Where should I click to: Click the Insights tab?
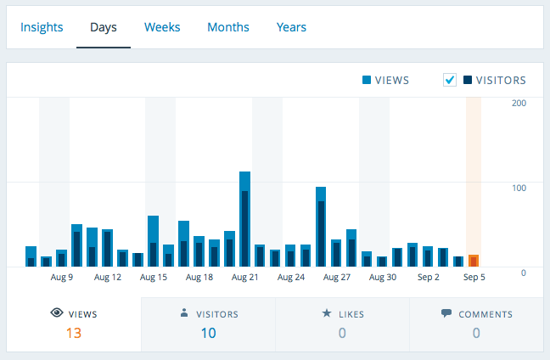[42, 27]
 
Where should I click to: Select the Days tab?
[104, 27]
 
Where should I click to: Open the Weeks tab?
[162, 27]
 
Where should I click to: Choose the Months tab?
[228, 27]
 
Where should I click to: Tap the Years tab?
[291, 27]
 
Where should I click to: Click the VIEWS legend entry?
[385, 81]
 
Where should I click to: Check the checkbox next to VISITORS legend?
[450, 81]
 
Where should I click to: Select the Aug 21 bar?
[244, 221]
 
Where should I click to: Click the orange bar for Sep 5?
[474, 261]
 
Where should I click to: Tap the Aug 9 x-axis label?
[62, 277]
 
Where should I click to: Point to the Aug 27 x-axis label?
[337, 277]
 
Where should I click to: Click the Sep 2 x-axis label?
[429, 277]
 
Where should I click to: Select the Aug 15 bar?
[154, 242]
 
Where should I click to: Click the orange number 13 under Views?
[74, 333]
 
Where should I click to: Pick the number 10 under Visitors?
[208, 333]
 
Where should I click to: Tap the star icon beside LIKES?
[326, 313]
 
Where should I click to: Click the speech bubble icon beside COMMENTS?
[446, 313]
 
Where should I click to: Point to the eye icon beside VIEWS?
[57, 313]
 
